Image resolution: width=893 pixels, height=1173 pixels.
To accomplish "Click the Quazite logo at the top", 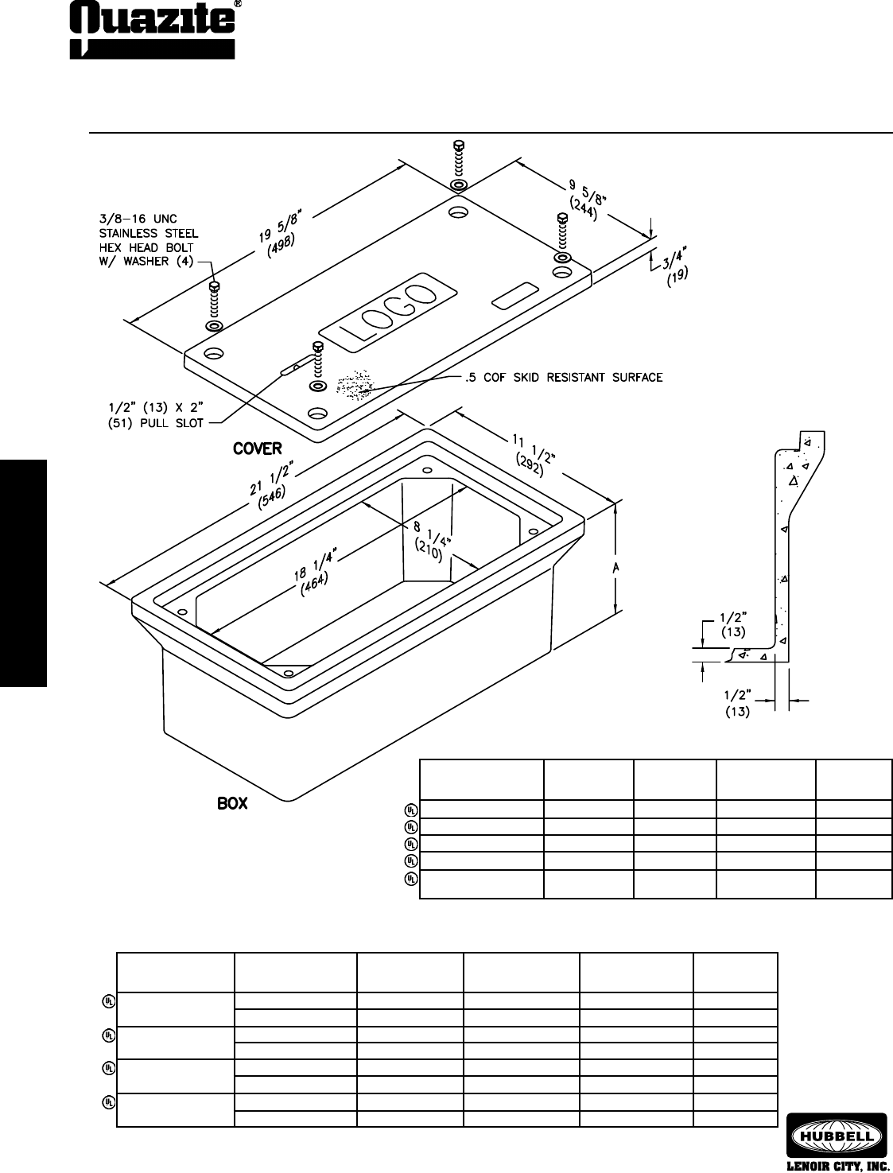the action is (151, 30).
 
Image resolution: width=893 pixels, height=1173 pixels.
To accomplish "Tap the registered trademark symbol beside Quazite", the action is (238, 4).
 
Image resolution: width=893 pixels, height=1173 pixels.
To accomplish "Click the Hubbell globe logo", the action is (836, 1132).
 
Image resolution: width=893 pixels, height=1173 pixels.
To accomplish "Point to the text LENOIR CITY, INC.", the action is (836, 1165).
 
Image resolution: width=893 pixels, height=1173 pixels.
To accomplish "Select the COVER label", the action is (257, 449).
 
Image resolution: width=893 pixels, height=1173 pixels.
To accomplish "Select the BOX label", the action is (232, 804).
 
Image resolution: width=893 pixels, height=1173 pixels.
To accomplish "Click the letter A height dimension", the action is (615, 569).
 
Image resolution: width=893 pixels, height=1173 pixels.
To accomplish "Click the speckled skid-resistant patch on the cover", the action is (355, 384).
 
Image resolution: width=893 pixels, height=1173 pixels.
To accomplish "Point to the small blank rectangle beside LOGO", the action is (514, 296).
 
